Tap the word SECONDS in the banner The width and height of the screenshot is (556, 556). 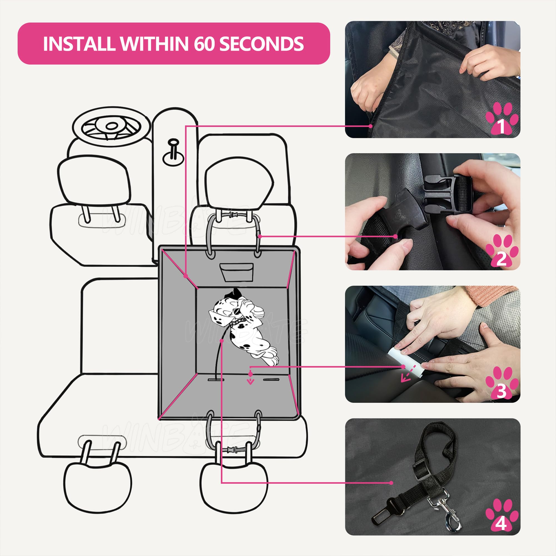pos(261,44)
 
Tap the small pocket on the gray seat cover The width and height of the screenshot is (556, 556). pos(236,272)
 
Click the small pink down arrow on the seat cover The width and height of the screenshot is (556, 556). pos(251,382)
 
